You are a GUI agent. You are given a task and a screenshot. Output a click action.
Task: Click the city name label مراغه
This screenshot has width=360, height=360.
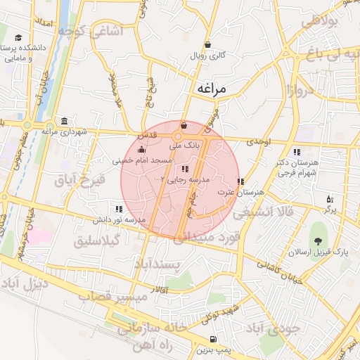pos(214,89)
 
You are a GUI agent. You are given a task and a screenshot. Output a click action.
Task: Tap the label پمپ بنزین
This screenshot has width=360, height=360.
pos(212,349)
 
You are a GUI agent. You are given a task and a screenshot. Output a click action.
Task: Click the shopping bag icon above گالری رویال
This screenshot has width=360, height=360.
pos(207,44)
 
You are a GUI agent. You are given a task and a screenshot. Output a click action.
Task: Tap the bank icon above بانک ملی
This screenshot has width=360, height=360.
pos(184,126)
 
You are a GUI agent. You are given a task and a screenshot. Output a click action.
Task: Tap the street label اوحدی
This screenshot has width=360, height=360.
pos(258,142)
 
